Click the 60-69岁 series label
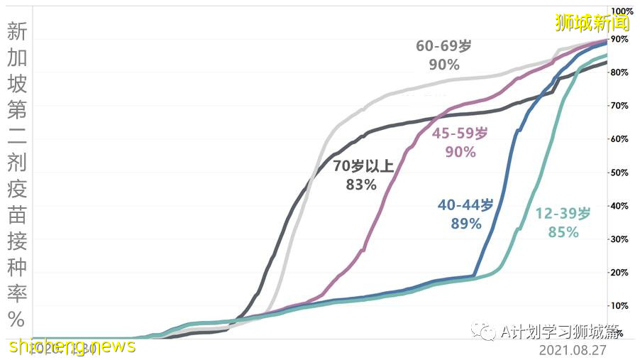(443, 46)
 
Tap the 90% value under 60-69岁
(443, 65)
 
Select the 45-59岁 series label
(460, 133)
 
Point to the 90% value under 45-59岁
(460, 151)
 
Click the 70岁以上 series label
(363, 167)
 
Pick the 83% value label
(361, 185)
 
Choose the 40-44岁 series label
(465, 205)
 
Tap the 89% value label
(465, 224)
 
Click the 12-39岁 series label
(563, 214)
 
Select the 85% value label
(563, 232)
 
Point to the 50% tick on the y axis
(619, 173)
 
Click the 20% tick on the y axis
(619, 273)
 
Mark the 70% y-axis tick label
(619, 106)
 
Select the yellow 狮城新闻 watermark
(592, 23)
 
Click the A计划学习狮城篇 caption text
(559, 332)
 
